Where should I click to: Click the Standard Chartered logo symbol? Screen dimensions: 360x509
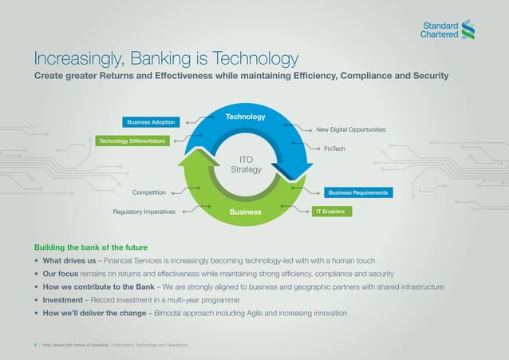pyautogui.click(x=469, y=29)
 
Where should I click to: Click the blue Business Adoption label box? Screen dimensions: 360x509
pyautogui.click(x=150, y=122)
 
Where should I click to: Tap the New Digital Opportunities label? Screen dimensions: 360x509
pyautogui.click(x=350, y=129)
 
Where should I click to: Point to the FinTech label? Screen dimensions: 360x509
pyautogui.click(x=334, y=148)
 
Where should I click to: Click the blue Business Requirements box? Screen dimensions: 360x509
pyautogui.click(x=357, y=193)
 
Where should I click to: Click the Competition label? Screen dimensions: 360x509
pyautogui.click(x=149, y=192)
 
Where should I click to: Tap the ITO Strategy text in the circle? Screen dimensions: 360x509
pyautogui.click(x=246, y=164)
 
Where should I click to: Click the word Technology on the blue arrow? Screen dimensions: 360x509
pyautogui.click(x=245, y=117)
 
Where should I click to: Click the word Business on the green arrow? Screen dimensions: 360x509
pyautogui.click(x=245, y=212)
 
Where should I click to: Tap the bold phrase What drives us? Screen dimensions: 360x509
pyautogui.click(x=69, y=260)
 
